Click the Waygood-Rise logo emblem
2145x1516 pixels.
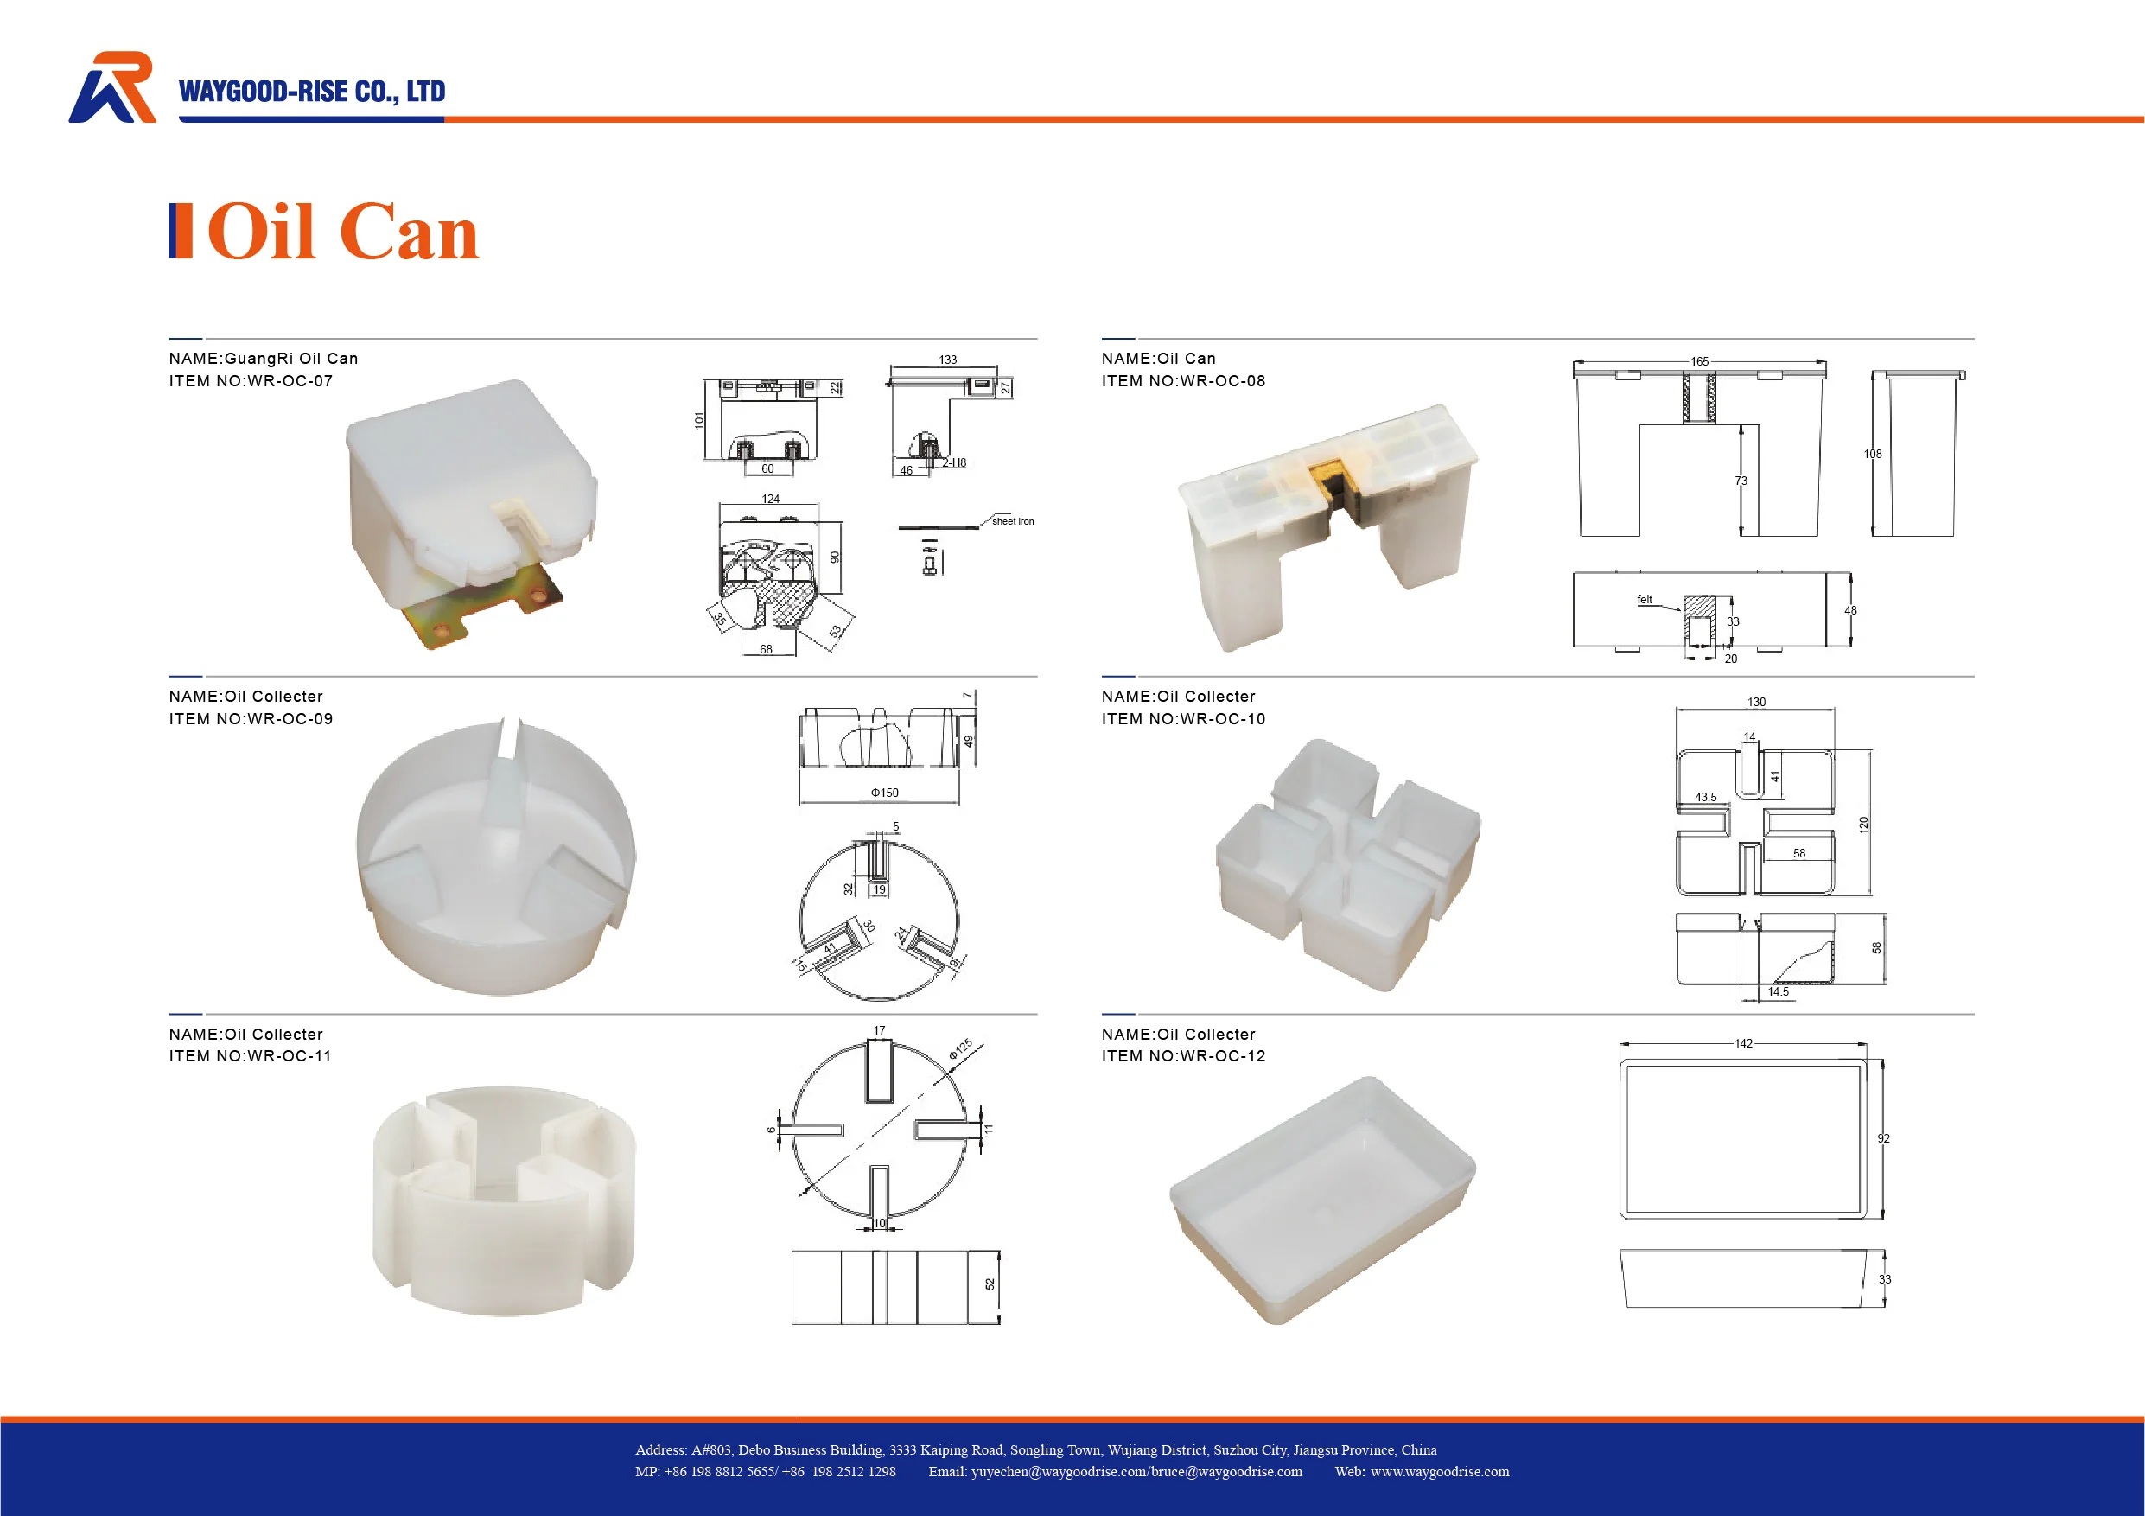pos(112,87)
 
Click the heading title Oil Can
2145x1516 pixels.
pos(342,232)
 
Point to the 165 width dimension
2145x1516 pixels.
pos(1699,361)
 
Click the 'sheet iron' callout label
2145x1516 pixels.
pos(1013,521)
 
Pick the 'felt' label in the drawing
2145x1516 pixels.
pos(1645,600)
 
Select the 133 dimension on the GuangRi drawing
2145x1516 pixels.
pos(947,360)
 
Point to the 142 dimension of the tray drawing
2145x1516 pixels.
pos(1743,1043)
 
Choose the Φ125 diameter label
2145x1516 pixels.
pos(960,1049)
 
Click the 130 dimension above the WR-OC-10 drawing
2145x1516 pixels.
pos(1756,703)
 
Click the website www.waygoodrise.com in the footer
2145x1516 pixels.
pos(1439,1472)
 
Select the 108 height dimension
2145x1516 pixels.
pos(1872,454)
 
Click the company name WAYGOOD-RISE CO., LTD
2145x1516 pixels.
pos(312,92)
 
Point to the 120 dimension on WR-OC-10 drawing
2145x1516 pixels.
pos(1864,824)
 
